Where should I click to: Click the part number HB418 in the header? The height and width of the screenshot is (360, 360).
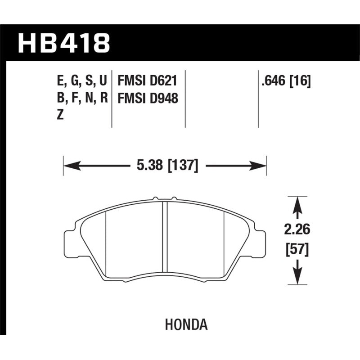(x=63, y=44)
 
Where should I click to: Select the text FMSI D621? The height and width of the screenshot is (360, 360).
(x=146, y=81)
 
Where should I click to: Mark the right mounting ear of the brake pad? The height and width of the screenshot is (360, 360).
(x=260, y=243)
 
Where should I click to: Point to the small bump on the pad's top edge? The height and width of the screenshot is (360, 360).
(x=155, y=198)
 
